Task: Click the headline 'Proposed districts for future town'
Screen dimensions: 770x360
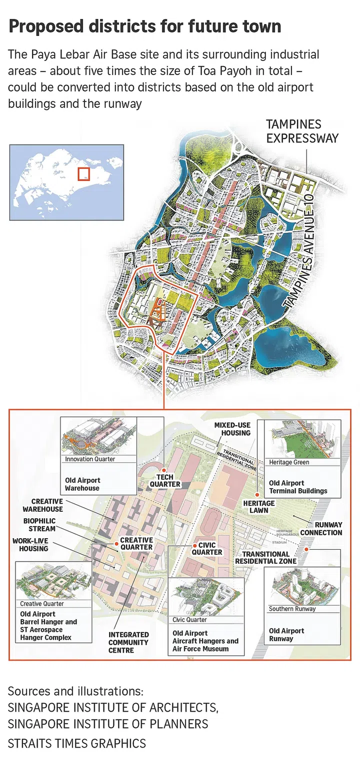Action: point(144,26)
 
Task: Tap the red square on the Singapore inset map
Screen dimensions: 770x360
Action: point(83,174)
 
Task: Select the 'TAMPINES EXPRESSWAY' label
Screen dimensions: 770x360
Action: point(302,131)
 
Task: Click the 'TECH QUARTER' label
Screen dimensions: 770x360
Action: point(165,481)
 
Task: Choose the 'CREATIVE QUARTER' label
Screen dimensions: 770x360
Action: point(136,544)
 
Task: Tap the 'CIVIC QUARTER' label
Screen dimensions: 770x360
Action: point(207,549)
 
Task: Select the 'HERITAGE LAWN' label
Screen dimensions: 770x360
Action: point(259,507)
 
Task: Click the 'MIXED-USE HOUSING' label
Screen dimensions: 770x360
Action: point(232,429)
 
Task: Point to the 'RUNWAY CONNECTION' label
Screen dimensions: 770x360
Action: point(322,529)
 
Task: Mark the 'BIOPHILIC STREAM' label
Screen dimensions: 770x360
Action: point(39,525)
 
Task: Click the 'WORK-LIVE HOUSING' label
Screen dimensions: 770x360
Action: point(30,545)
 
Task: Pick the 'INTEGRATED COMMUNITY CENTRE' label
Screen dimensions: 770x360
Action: point(128,642)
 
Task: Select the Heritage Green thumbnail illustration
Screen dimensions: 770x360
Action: point(303,439)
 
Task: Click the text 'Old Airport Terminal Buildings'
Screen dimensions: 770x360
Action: point(298,487)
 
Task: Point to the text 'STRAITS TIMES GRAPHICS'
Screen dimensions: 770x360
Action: point(77,743)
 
